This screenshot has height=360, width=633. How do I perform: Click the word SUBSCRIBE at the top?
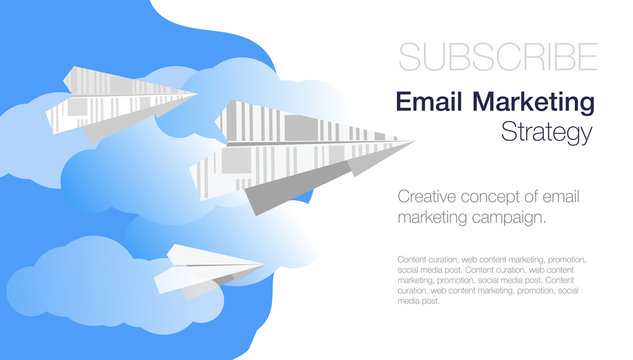(498, 57)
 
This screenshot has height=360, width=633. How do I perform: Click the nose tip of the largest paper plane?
(411, 142)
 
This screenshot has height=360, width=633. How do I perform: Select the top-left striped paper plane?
(120, 101)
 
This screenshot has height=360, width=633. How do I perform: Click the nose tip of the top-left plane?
(196, 96)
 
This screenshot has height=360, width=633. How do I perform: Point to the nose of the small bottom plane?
(263, 265)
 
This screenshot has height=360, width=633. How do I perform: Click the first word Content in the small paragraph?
(411, 260)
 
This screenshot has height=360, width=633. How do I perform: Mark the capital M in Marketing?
(483, 102)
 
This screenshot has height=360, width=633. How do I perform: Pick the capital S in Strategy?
(508, 132)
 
